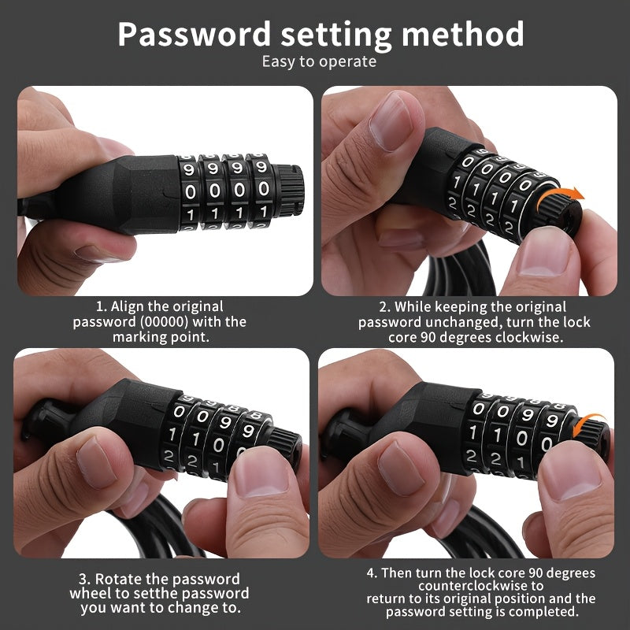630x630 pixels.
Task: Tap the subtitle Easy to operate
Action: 319,61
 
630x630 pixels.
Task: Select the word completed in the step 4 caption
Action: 545,612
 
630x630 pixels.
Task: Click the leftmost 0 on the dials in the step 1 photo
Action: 190,191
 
